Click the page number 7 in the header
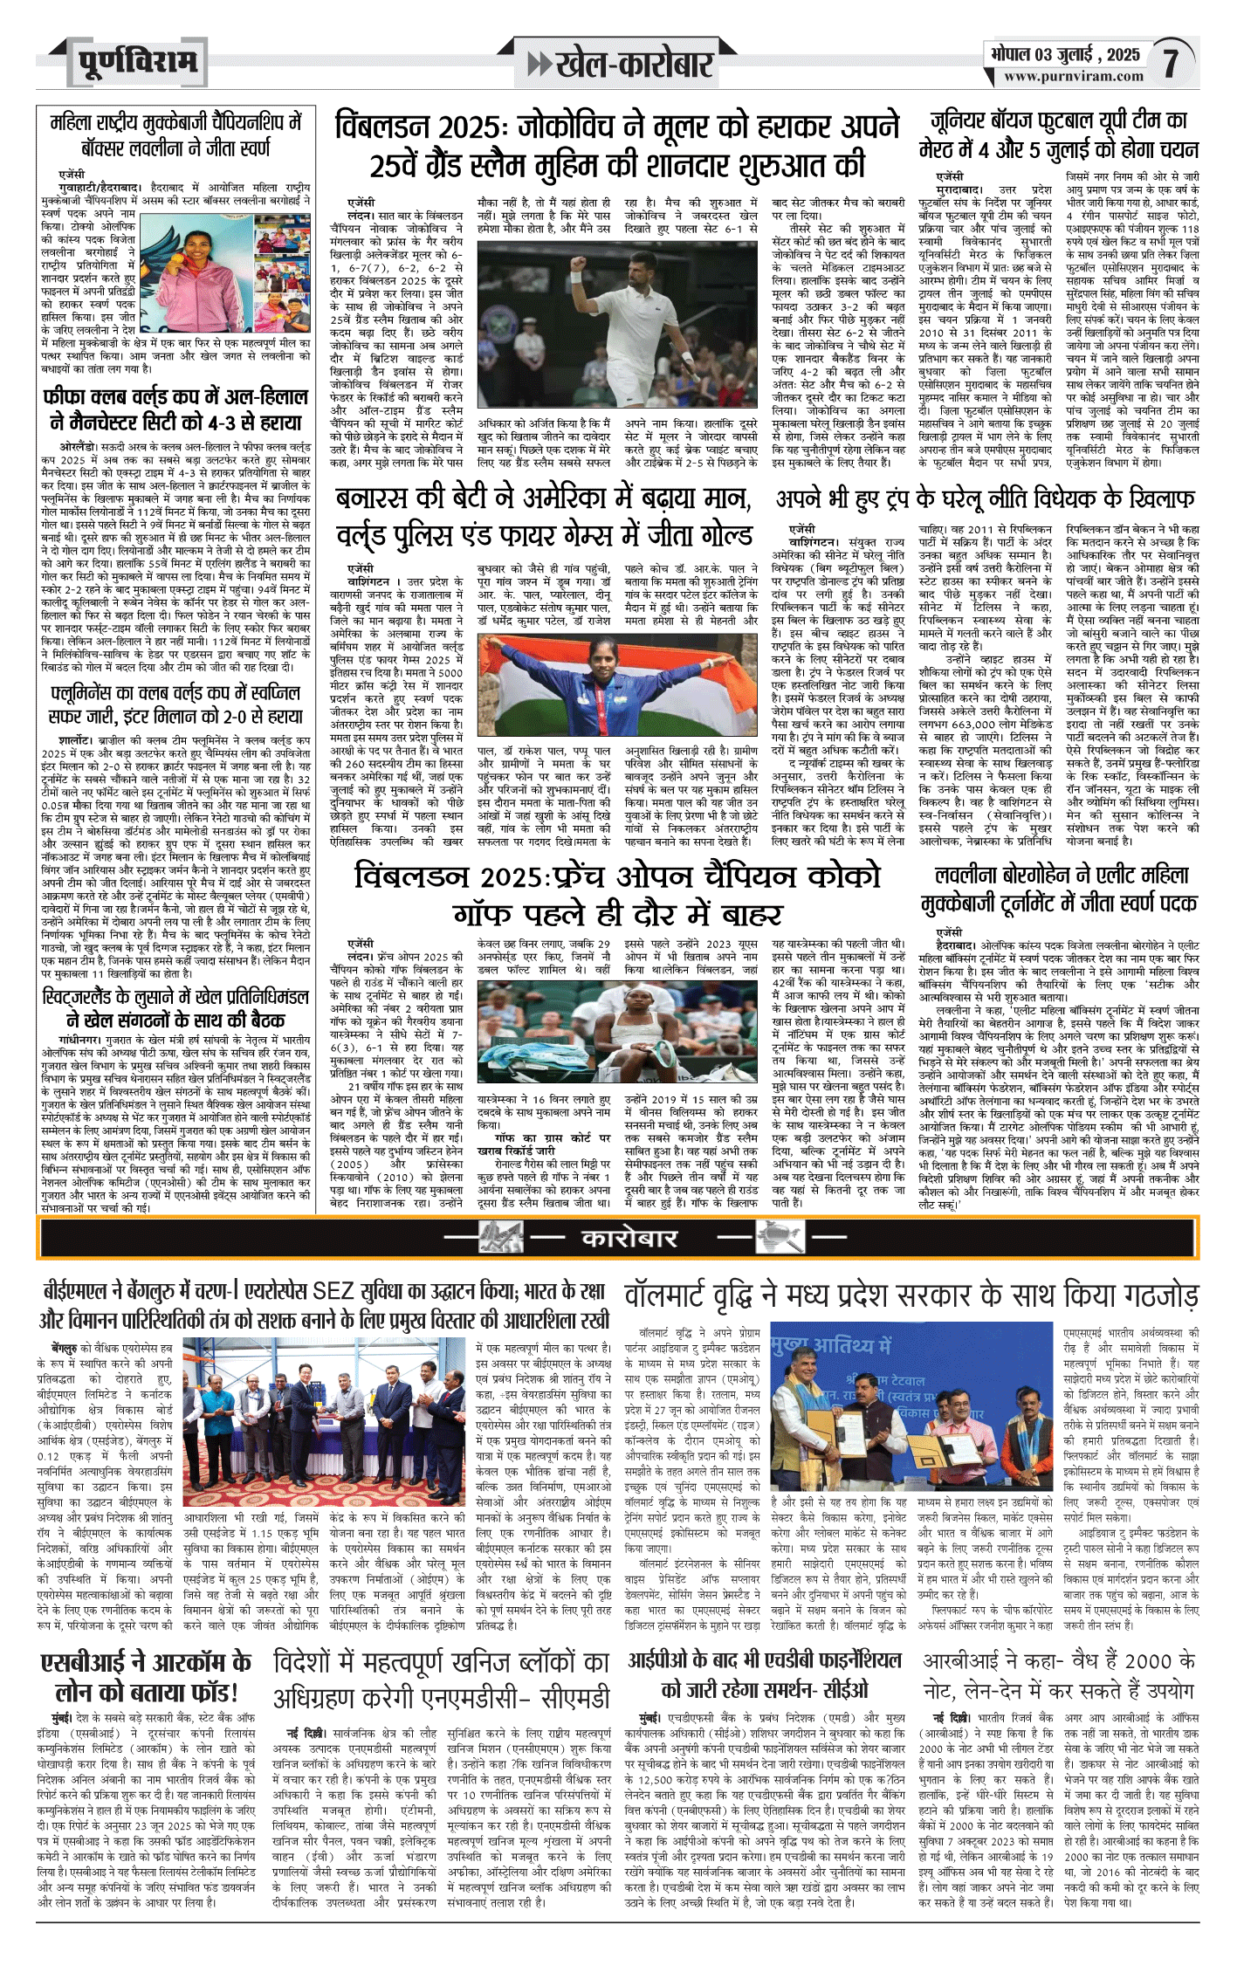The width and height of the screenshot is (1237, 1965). (1170, 62)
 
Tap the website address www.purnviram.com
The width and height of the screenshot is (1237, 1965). (1073, 76)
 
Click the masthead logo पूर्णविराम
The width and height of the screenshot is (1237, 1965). (137, 62)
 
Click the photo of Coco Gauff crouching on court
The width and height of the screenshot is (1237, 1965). (617, 1032)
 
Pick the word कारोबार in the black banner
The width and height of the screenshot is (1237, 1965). (629, 1237)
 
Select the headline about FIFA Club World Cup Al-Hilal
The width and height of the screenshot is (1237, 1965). (175, 409)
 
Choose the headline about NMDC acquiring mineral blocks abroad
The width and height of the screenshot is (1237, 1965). (441, 1678)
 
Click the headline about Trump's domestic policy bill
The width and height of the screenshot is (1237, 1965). (986, 499)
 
